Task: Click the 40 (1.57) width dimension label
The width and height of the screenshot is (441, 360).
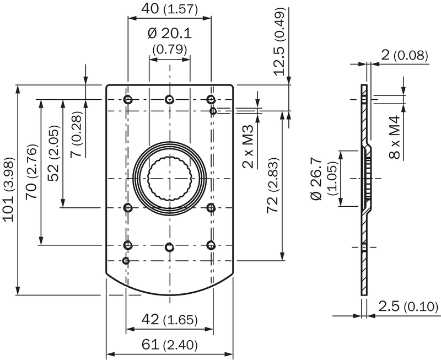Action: coord(169,9)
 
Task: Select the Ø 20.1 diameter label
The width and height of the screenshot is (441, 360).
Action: coord(170,34)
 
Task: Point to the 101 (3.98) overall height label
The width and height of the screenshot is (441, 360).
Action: coord(8,190)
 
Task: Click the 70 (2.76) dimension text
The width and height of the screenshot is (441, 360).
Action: coord(31,172)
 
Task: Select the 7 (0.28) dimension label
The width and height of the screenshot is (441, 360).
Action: coord(76,134)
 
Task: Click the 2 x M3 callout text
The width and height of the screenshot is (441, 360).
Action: coord(248,147)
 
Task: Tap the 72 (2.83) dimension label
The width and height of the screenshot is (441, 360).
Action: coord(272,186)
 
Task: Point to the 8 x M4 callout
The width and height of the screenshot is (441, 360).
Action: coord(394,137)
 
